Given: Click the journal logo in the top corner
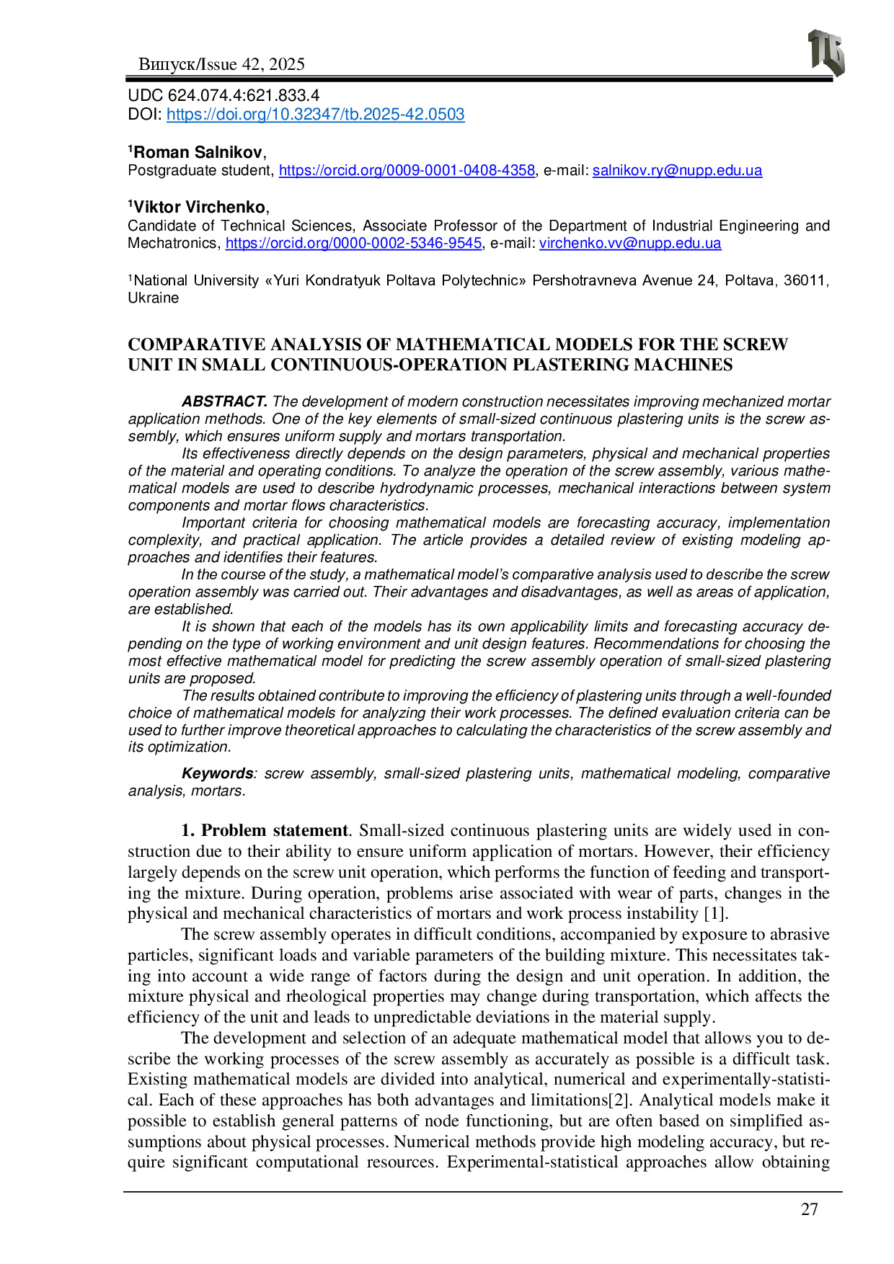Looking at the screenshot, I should (x=826, y=53).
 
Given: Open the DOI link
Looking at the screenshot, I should (x=315, y=115).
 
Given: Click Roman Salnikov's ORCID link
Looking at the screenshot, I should (x=407, y=171).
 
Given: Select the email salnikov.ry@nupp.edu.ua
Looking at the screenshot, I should (x=677, y=171).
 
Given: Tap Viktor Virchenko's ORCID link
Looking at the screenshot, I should (x=353, y=244).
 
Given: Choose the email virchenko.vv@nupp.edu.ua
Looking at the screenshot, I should (x=630, y=244).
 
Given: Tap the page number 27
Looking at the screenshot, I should (x=810, y=1209).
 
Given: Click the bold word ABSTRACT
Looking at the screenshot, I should (x=224, y=401).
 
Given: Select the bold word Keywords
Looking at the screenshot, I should (x=217, y=773).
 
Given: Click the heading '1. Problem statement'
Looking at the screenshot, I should (x=265, y=831).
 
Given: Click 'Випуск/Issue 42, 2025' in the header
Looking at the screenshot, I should (x=221, y=65).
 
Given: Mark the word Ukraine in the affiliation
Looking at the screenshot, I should (x=154, y=298).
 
